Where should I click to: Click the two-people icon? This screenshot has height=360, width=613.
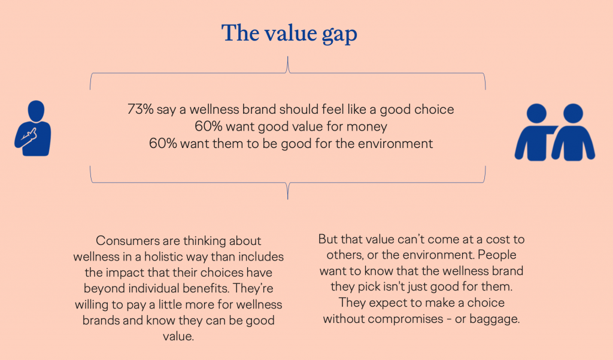pos(554,132)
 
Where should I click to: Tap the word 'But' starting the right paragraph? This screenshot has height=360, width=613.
pos(329,239)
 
